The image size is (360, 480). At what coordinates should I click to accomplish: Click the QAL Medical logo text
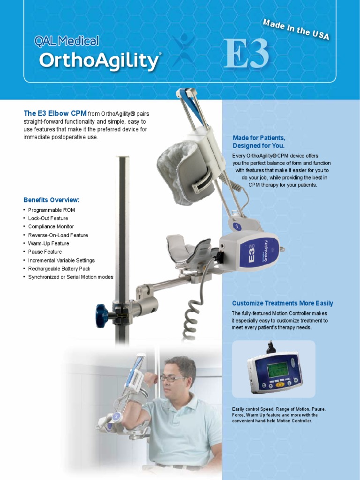coord(67,41)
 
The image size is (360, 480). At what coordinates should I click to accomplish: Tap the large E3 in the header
coord(247,54)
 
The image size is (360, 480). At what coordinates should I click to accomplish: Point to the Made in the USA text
coord(296,29)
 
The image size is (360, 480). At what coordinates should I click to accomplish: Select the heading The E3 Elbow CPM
coord(55,113)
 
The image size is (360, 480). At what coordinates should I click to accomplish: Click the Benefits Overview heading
coord(52,200)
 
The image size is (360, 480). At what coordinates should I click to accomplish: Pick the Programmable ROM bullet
coord(51,210)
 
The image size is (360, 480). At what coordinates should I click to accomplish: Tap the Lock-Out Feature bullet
coord(48,218)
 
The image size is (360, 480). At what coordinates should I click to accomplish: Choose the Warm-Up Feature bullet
coord(48,244)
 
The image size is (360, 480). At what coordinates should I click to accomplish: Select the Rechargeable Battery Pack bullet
coord(59,269)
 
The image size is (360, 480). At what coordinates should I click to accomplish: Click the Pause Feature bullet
coord(45,252)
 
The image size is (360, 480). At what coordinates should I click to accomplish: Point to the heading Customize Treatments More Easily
coord(282,303)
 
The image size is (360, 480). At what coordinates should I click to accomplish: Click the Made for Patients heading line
coord(259,138)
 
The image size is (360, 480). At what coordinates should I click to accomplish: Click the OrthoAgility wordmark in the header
coord(99,61)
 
